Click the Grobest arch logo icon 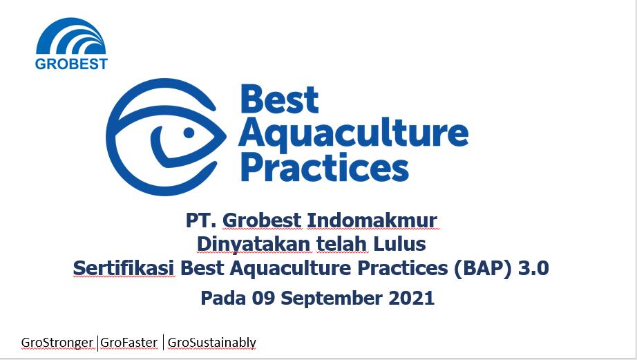pyautogui.click(x=71, y=37)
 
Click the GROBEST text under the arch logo pyautogui.click(x=71, y=64)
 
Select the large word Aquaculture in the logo pyautogui.click(x=353, y=133)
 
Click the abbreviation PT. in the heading pyautogui.click(x=201, y=220)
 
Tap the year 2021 pyautogui.click(x=410, y=299)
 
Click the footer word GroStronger pyautogui.click(x=57, y=342)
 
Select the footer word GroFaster pyautogui.click(x=129, y=342)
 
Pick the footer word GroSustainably pyautogui.click(x=212, y=342)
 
